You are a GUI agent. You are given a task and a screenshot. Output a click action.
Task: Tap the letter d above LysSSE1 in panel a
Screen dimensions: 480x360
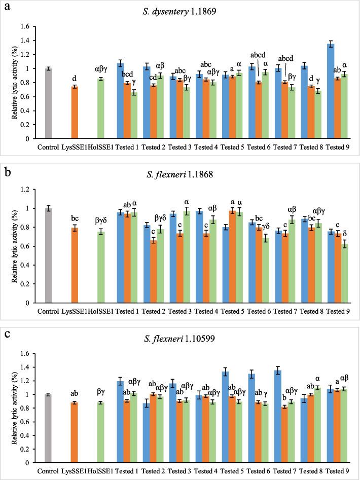(75, 78)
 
